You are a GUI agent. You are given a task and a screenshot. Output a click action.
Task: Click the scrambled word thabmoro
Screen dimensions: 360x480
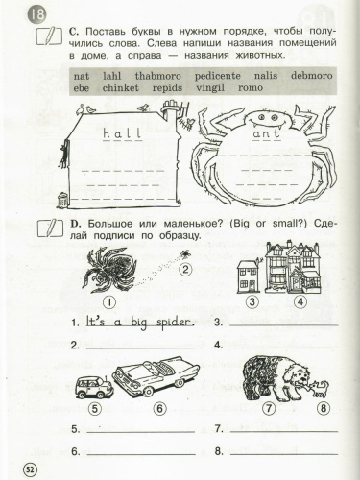[x=157, y=76]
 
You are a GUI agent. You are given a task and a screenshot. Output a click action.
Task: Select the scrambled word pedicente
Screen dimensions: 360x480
[x=218, y=76]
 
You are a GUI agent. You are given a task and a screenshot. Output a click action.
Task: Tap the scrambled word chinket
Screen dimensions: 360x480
[x=120, y=87]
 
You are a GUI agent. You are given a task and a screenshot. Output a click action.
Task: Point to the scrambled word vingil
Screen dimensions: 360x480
[x=210, y=88]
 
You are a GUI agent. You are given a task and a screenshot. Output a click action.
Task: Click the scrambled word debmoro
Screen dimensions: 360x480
[x=312, y=76]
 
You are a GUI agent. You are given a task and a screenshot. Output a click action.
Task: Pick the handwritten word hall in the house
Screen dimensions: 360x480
[x=122, y=133]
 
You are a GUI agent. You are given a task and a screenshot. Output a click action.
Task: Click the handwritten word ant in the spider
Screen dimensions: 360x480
[x=267, y=133]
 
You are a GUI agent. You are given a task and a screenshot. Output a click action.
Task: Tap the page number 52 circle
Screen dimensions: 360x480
[x=30, y=469]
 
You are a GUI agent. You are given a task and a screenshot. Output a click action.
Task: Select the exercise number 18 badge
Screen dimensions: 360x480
[x=36, y=15]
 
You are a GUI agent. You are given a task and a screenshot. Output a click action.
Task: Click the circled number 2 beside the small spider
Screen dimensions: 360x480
[x=185, y=269]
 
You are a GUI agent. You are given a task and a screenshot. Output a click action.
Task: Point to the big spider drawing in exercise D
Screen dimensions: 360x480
[x=108, y=271]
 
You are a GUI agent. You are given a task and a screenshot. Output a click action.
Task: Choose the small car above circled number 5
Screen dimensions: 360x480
[x=94, y=386]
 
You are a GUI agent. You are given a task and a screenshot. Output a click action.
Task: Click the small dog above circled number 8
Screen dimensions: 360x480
[x=320, y=387]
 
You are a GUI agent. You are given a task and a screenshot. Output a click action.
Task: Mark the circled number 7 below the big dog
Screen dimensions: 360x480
[x=269, y=408]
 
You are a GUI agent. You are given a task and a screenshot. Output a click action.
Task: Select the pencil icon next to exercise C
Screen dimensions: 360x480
[x=49, y=36]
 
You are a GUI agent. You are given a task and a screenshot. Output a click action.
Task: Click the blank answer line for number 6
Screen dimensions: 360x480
[x=141, y=454]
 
